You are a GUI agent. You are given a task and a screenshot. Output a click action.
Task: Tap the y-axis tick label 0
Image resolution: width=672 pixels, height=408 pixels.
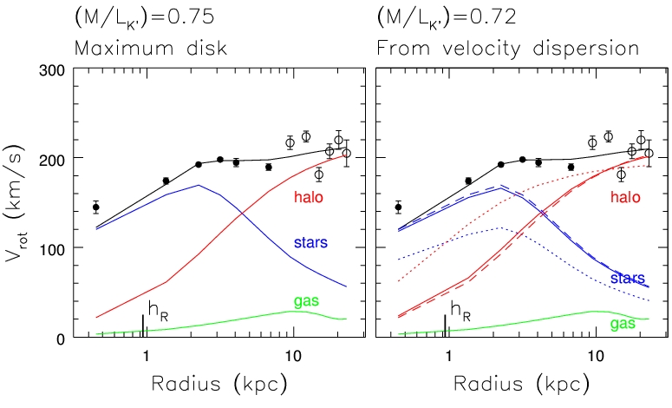(x=62, y=338)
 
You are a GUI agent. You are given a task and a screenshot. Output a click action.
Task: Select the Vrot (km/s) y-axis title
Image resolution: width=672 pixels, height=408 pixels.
(x=19, y=203)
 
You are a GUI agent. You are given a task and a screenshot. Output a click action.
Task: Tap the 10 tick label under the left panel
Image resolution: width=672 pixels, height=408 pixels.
(x=293, y=357)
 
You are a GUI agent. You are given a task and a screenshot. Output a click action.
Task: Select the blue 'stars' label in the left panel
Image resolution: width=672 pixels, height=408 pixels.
(x=310, y=240)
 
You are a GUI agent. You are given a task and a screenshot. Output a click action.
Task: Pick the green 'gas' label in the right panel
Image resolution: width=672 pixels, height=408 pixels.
(x=623, y=323)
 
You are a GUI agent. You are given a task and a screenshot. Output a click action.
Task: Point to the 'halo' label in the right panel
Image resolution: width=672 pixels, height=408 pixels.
(x=624, y=198)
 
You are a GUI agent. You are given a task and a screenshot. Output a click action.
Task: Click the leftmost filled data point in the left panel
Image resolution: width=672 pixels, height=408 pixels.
(x=96, y=207)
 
